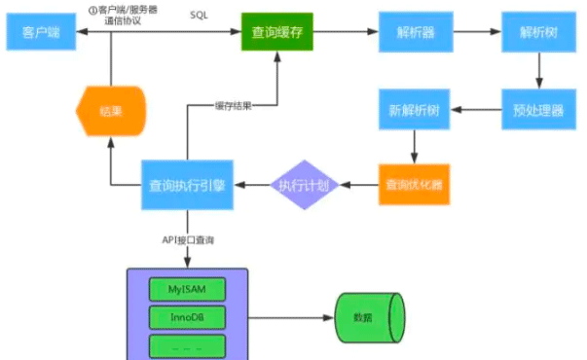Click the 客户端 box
(x=42, y=33)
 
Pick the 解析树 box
(x=533, y=33)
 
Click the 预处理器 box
(x=533, y=110)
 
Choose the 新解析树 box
(x=413, y=110)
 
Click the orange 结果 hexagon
(x=110, y=110)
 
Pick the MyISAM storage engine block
(x=188, y=289)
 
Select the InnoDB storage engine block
(x=188, y=317)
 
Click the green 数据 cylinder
(x=367, y=317)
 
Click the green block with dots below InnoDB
(x=188, y=345)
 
